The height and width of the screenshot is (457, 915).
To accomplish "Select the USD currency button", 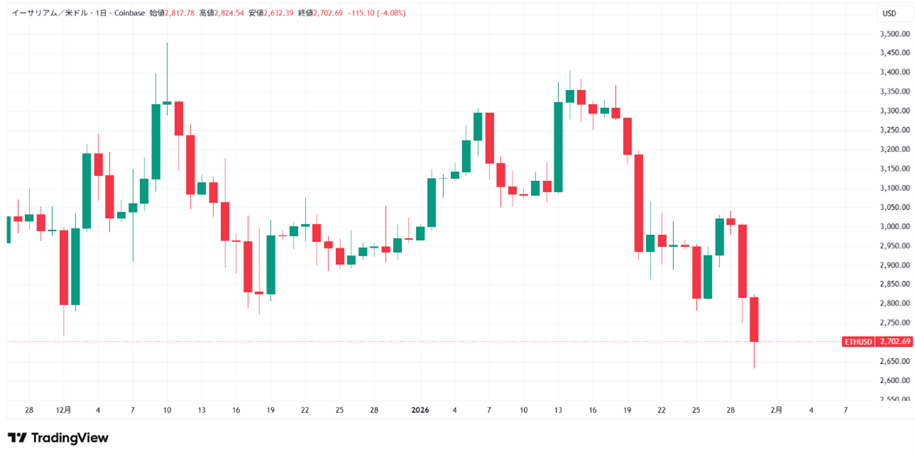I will pyautogui.click(x=889, y=13).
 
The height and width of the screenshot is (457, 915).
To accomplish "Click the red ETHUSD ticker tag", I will pyautogui.click(x=858, y=342).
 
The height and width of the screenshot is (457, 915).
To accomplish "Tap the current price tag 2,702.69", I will pyautogui.click(x=894, y=342).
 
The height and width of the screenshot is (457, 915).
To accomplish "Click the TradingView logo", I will pyautogui.click(x=58, y=438).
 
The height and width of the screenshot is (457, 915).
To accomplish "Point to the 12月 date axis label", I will pyautogui.click(x=63, y=410).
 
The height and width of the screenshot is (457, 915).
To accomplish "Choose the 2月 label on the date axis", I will pyautogui.click(x=777, y=410).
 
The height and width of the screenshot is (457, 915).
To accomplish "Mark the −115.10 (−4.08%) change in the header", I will pyautogui.click(x=376, y=13).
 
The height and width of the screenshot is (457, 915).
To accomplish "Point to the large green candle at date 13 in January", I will pyautogui.click(x=558, y=147).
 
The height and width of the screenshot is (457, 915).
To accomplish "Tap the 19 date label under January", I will pyautogui.click(x=627, y=410).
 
